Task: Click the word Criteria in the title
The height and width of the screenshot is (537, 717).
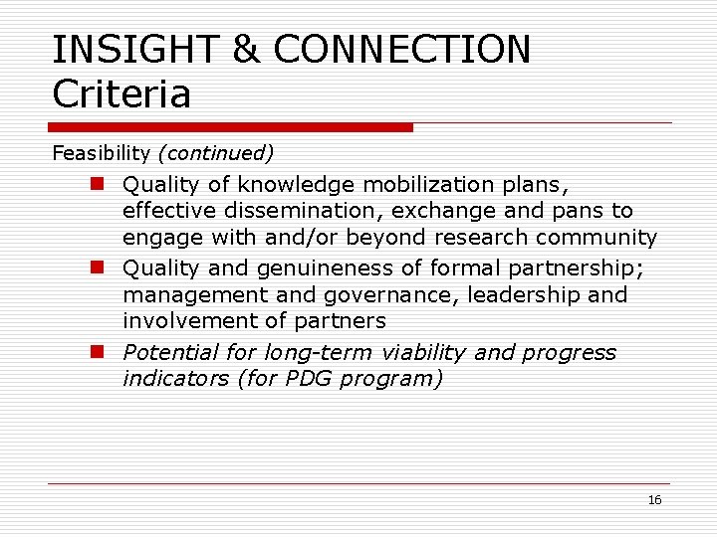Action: point(120,95)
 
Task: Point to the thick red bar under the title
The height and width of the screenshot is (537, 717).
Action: point(231,127)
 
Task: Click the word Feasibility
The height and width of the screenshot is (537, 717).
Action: point(101,154)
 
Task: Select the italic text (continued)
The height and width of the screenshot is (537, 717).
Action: point(215,154)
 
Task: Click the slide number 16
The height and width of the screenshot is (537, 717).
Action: point(654,500)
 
